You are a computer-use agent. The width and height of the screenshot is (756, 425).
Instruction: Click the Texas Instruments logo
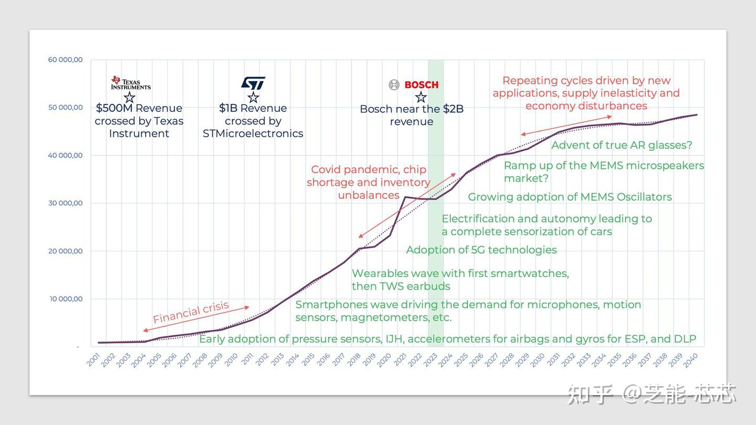point(130,83)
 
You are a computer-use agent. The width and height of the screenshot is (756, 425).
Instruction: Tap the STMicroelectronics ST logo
point(253,83)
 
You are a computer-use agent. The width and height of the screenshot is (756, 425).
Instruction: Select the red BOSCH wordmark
point(421,84)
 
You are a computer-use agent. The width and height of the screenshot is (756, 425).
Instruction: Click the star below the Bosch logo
point(421,97)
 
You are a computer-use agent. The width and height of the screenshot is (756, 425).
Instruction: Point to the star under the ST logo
point(253,97)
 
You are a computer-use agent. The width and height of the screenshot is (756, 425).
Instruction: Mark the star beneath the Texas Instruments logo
point(129,97)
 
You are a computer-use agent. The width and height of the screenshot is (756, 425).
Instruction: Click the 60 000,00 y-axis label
point(65,60)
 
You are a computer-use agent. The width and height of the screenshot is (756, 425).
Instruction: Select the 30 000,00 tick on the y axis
point(65,203)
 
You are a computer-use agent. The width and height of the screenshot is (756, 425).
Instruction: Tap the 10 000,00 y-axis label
point(65,299)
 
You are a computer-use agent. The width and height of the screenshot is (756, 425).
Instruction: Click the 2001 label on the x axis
point(93,360)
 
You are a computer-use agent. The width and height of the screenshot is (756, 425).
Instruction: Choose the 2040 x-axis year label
point(690,360)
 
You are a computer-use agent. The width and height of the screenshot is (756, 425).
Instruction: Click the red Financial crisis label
point(191,312)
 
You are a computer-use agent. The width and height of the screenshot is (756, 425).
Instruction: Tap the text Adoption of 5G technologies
point(481,250)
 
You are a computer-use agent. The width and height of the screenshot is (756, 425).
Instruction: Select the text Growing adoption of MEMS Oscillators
point(570,197)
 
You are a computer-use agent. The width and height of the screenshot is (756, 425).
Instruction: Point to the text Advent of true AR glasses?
point(622,145)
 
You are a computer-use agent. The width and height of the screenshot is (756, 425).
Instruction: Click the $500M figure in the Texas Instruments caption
point(114,108)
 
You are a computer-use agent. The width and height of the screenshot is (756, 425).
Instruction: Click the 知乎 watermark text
point(590,394)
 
